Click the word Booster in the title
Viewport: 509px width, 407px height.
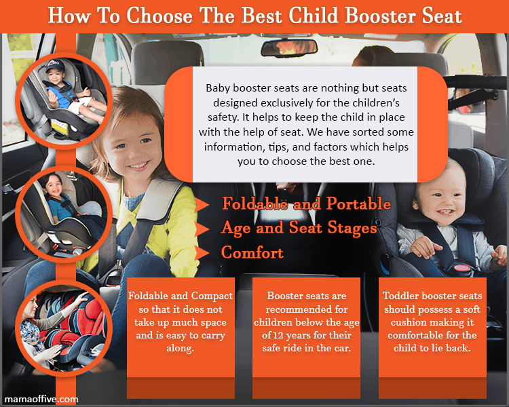(x=380, y=16)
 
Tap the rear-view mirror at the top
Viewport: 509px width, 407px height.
(x=288, y=47)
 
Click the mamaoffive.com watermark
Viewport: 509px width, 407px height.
(x=41, y=399)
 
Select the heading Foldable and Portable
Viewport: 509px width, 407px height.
(x=307, y=203)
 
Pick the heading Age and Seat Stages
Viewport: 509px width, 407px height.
(x=299, y=228)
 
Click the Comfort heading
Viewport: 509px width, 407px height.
(x=252, y=252)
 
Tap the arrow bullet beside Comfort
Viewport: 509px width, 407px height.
(x=202, y=253)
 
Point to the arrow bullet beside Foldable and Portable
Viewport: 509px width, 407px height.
(x=202, y=205)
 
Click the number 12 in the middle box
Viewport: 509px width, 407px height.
(x=278, y=335)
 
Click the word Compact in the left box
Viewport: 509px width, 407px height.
(x=212, y=296)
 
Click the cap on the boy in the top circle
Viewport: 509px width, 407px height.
(x=54, y=66)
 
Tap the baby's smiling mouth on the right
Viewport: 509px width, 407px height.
(x=445, y=212)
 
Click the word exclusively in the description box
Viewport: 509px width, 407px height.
(x=286, y=103)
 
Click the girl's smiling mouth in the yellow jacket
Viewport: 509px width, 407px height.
(x=138, y=166)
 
